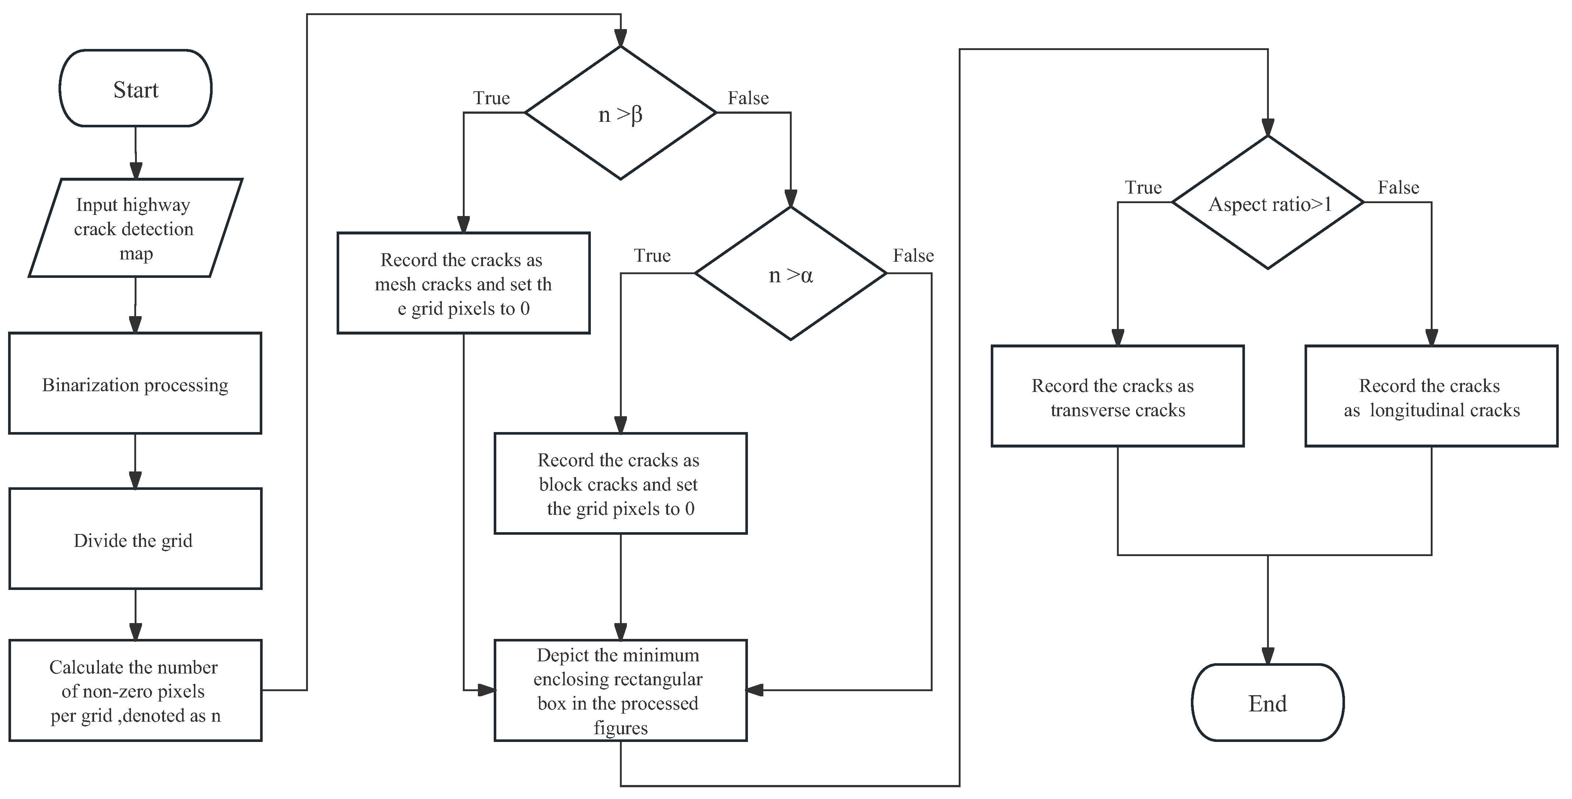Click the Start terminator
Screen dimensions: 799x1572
[135, 88]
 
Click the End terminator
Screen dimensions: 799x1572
[1267, 703]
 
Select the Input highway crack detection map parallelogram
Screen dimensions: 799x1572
[135, 228]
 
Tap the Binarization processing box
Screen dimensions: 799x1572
[135, 384]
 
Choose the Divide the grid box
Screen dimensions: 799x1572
[135, 539]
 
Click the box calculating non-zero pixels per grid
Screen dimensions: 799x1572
[135, 690]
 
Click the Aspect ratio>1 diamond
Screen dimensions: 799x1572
[1267, 203]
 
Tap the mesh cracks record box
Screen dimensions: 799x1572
[463, 283]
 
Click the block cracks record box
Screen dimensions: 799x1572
[620, 484]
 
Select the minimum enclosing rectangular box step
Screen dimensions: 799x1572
[620, 690]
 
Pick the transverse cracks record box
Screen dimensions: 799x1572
[1117, 396]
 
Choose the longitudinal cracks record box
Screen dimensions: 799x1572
[1431, 396]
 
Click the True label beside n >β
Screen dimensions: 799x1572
[491, 98]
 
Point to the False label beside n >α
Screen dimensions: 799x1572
[913, 255]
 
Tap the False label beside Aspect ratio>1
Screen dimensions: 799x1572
[1398, 187]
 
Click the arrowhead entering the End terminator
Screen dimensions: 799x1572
[1267, 656]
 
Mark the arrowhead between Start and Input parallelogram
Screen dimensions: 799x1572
[135, 170]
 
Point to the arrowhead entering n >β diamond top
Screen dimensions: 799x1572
[621, 38]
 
